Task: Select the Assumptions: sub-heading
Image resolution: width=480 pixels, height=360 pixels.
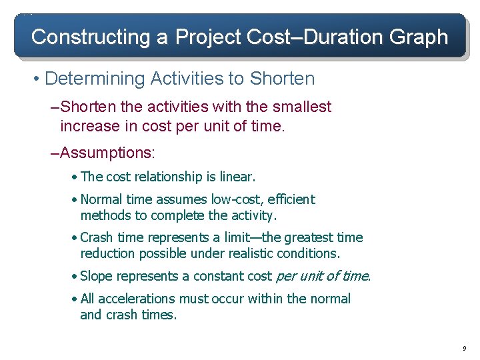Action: click(x=107, y=153)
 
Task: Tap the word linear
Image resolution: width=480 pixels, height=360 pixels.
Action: click(x=235, y=177)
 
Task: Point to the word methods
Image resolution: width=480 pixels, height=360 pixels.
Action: click(x=107, y=215)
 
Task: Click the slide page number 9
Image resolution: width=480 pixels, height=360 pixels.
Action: click(x=464, y=349)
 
